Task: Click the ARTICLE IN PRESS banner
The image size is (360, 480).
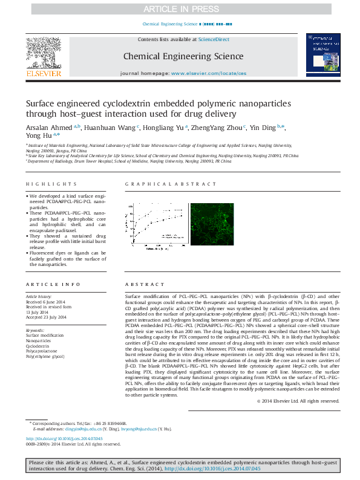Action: [180, 8]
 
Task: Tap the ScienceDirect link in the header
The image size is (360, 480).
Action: [214, 39]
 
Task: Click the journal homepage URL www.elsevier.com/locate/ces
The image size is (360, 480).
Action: [209, 73]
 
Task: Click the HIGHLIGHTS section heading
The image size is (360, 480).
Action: [44, 184]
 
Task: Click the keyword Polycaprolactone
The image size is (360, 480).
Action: [42, 351]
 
